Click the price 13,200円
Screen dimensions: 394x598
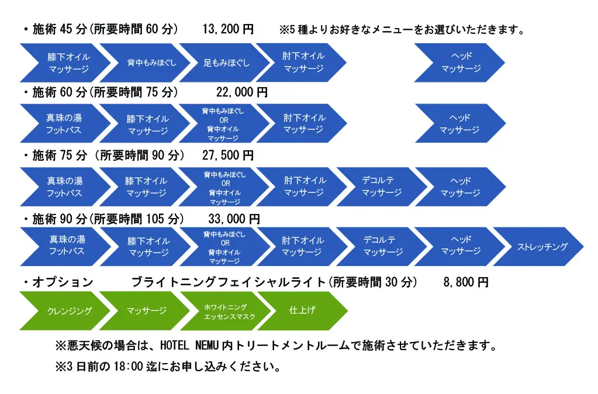(228, 29)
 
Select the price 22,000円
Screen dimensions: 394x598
(242, 92)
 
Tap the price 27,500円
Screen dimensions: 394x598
(228, 155)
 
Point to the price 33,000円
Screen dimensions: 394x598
(234, 219)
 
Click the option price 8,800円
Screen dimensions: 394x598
(466, 282)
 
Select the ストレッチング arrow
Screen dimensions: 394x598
(541, 247)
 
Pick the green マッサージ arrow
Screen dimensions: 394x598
(146, 310)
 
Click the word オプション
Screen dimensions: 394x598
(63, 282)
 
